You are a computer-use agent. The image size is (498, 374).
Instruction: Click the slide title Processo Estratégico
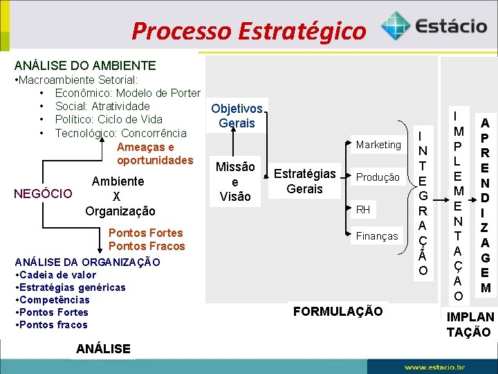point(248,30)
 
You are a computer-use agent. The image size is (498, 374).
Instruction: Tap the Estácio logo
point(434,27)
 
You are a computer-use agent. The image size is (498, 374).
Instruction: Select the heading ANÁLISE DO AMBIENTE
point(85,66)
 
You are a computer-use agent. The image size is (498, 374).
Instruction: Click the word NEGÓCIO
point(43,194)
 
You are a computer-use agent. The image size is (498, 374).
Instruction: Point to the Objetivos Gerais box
point(237,116)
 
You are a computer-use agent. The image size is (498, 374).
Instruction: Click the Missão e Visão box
point(235,181)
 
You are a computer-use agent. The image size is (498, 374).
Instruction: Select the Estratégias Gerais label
point(304,181)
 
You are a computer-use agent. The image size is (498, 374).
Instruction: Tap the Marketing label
point(378,145)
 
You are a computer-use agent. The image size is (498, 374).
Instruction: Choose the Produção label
point(378,177)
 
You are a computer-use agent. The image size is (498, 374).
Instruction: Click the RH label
point(363,209)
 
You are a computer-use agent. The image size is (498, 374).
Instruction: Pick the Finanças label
point(377,236)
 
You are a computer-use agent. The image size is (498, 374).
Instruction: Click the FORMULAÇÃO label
point(338,312)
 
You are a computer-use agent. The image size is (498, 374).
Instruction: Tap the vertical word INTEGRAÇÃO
point(423,200)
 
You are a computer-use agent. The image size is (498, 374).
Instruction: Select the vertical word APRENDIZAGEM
point(486,205)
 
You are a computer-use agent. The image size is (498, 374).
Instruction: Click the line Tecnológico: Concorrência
point(120,133)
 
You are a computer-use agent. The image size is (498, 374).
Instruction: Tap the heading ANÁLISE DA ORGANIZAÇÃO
point(87,262)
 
